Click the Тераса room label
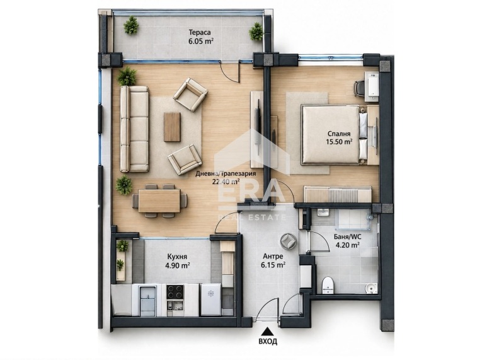200,32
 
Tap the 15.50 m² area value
339,141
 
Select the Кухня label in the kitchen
177,257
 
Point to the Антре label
273,257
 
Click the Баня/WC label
348,237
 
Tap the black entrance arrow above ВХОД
266,331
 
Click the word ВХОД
268,341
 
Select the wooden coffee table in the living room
172,127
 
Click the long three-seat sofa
134,129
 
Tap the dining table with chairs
159,200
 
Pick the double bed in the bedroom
335,134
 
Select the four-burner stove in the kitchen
175,293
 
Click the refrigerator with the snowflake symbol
210,299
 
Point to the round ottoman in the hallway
289,241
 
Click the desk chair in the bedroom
359,88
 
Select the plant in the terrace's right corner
256,32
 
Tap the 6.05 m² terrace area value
201,41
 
